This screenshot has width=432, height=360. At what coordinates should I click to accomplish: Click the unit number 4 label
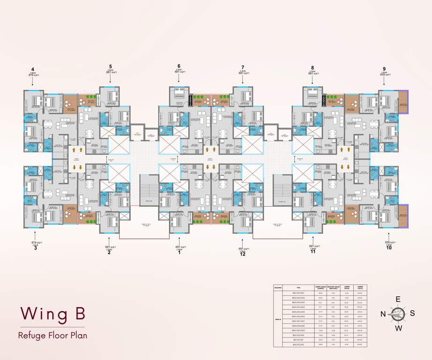[32, 68]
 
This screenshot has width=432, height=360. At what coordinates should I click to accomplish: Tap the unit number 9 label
[384, 68]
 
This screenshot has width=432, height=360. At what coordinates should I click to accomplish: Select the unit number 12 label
[243, 254]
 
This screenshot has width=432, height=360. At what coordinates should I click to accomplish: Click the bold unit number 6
[179, 66]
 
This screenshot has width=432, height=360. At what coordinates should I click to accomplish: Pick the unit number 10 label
[389, 248]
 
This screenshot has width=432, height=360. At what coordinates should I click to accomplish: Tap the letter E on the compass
[398, 299]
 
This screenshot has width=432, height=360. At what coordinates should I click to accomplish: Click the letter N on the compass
[382, 314]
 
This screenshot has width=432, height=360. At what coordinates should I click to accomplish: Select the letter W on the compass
[399, 328]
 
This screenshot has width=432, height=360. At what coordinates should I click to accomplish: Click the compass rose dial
[399, 314]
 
